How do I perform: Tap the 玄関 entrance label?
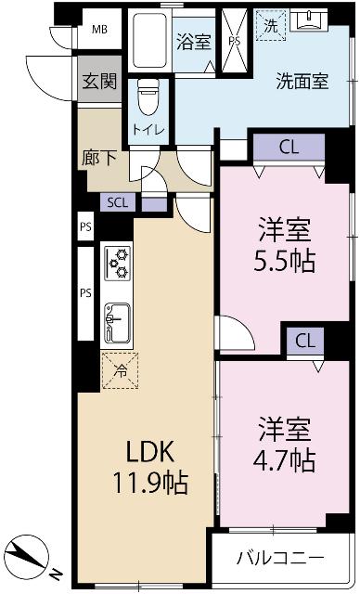pos(98,82)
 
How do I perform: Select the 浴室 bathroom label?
pos(195,43)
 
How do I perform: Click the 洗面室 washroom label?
pos(302,81)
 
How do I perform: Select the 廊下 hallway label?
pos(99,158)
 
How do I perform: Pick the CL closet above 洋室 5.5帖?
pos(289,147)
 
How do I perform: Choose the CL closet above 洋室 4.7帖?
pos(304,340)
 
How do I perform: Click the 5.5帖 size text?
pos(284,261)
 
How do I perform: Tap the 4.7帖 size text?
pos(284,458)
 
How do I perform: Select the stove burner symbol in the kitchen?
pos(118,264)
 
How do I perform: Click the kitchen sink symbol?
pos(117,324)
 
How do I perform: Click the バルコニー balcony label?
pos(279,559)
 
